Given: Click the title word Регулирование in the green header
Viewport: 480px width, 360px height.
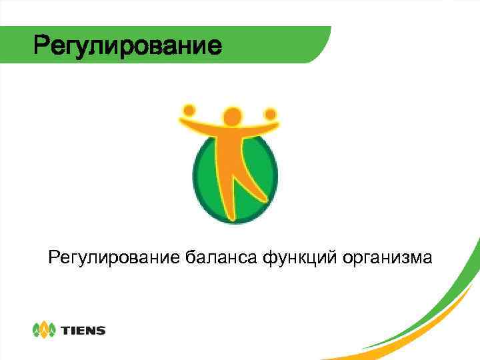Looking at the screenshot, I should coord(127,46).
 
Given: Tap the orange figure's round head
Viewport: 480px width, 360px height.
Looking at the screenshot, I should coord(231,117).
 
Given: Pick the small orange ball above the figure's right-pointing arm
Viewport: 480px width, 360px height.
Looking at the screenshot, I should coord(270,113).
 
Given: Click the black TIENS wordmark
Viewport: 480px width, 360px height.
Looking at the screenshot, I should coord(83,330).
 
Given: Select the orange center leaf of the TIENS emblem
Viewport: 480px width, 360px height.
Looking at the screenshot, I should coord(44,329).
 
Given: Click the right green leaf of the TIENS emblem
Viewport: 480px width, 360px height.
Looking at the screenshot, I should coord(51,330).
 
